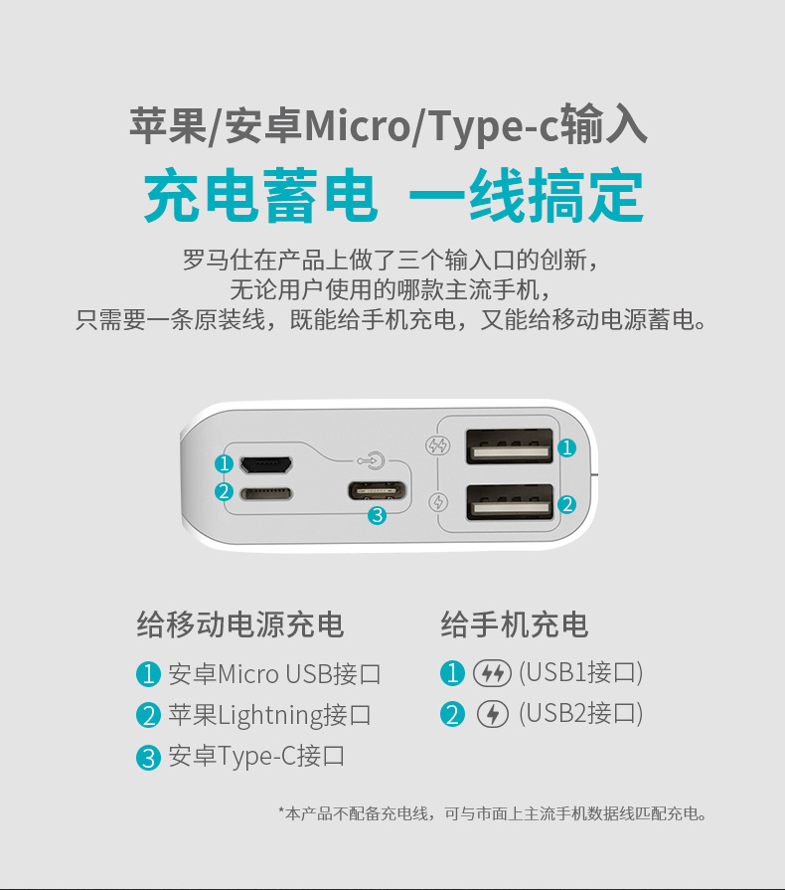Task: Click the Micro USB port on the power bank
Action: [x=266, y=464]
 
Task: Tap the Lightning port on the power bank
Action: [x=266, y=492]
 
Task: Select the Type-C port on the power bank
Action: [x=378, y=489]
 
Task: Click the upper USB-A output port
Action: [x=510, y=446]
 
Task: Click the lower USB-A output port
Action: [x=510, y=502]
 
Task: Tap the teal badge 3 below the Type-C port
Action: [x=378, y=515]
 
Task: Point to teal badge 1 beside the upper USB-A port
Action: [x=566, y=447]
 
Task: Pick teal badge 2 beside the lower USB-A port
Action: [x=566, y=504]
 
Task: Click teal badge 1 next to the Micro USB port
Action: [x=224, y=463]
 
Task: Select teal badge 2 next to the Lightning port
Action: [x=224, y=491]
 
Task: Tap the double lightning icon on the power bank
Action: [x=438, y=445]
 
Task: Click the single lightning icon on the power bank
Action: [x=438, y=502]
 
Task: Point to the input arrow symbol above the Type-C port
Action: [x=372, y=460]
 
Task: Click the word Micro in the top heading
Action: [x=357, y=125]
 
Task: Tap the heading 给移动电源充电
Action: [x=239, y=624]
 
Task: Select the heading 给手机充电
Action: [x=515, y=624]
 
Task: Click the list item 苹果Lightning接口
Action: [x=270, y=715]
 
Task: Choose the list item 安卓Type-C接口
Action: [x=256, y=756]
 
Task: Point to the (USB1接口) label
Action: [x=581, y=672]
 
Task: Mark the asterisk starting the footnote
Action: [x=281, y=810]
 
